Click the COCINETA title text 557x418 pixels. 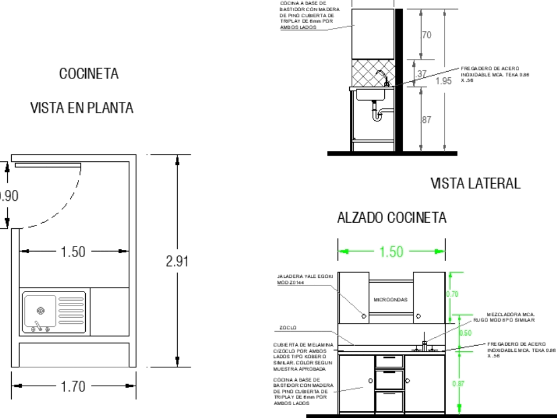[x=89, y=73]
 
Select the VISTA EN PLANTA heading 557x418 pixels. [x=82, y=108]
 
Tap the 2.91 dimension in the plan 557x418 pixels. [x=178, y=262]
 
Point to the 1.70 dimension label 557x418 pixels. [x=74, y=386]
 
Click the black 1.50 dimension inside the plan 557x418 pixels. [x=73, y=252]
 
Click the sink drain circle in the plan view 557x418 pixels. [x=40, y=310]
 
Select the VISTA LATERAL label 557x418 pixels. [x=475, y=183]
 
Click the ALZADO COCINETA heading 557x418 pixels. [x=392, y=218]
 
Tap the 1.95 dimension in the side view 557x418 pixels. [x=444, y=81]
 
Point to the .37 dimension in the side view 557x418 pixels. [x=422, y=74]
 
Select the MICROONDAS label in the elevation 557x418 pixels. [x=390, y=299]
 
